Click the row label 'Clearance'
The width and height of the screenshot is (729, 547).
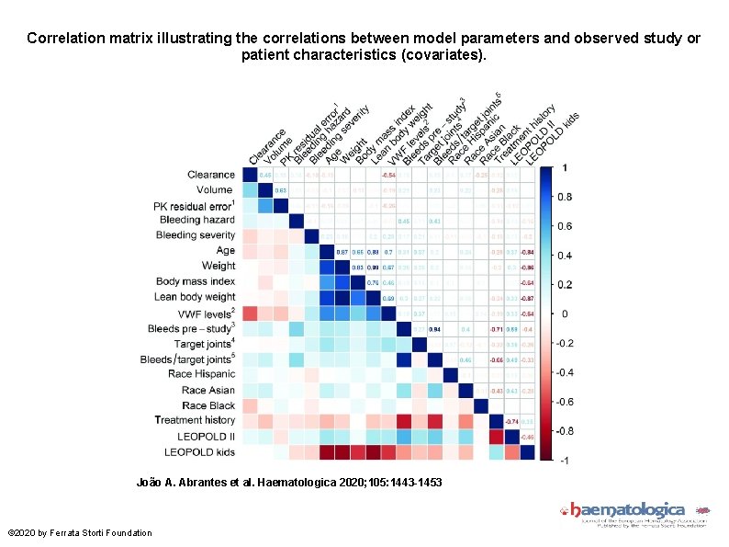pos(210,174)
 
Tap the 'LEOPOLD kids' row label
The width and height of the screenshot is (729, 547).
pos(199,451)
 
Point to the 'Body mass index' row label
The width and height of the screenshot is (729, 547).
pos(195,281)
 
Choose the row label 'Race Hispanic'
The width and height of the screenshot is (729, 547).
pos(201,374)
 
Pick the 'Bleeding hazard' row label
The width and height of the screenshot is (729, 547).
pos(196,220)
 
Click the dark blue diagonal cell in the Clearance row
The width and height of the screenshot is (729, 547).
pos(250,175)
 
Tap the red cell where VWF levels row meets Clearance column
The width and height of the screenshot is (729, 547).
pos(250,313)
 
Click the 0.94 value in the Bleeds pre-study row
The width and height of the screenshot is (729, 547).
pos(434,328)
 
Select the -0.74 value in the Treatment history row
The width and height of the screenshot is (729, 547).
pos(511,420)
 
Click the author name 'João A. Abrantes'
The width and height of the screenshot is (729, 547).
pos(181,482)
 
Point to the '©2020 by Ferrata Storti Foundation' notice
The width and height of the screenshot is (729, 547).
pos(80,532)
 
